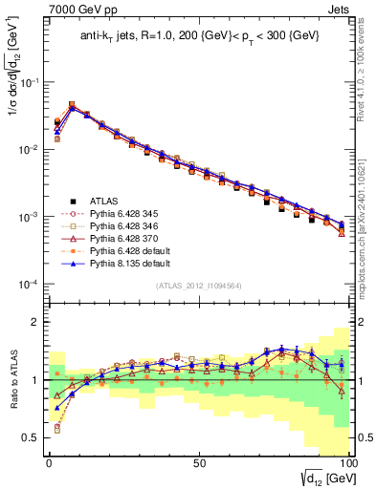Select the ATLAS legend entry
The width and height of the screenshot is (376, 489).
point(103,201)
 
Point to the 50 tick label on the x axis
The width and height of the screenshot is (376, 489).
point(198,461)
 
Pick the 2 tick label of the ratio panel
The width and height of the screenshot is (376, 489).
point(35,322)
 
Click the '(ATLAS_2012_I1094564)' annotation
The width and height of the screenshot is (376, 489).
point(198,286)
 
